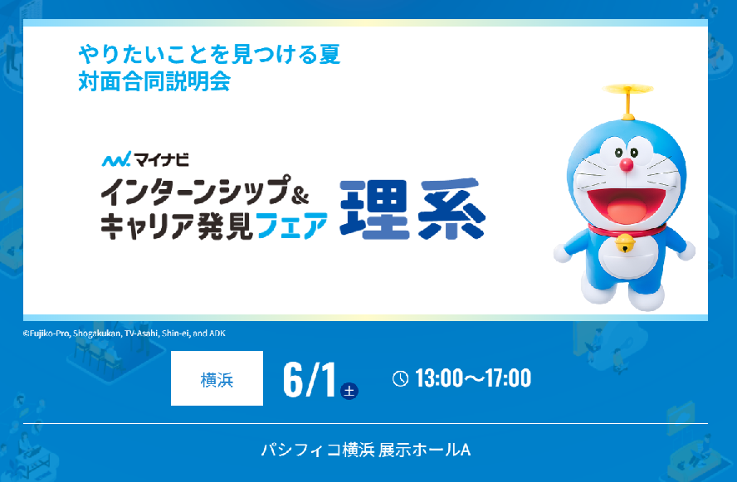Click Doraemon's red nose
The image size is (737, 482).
[626, 164]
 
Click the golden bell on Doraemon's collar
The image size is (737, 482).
[625, 243]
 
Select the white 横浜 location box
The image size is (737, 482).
[217, 378]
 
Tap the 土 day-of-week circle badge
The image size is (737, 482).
[349, 391]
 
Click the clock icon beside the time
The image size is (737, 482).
[401, 378]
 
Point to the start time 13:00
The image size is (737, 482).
[439, 378]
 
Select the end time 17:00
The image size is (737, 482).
[509, 378]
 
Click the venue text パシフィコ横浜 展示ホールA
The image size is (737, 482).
[366, 450]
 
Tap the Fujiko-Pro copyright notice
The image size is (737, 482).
[124, 333]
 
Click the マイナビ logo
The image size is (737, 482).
[145, 160]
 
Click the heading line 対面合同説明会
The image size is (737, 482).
[154, 81]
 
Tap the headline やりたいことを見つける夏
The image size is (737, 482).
[209, 54]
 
